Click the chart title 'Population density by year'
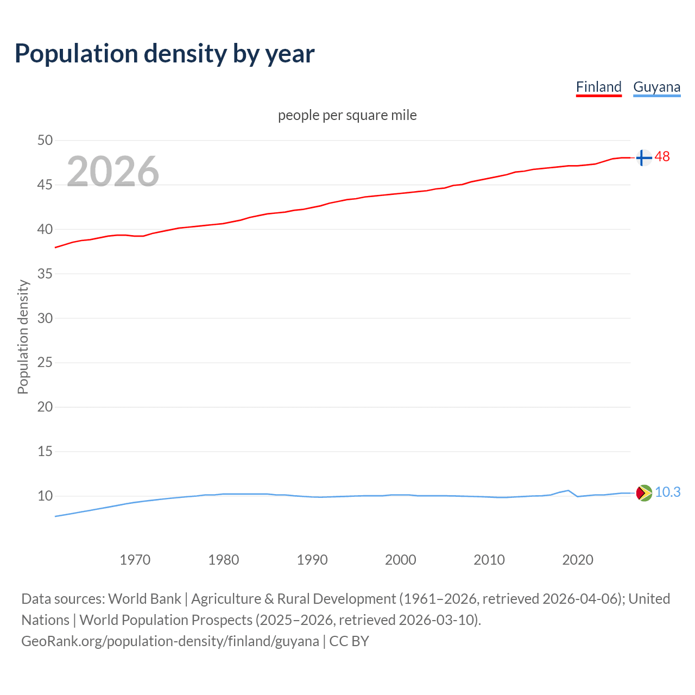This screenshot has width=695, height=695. [x=165, y=54]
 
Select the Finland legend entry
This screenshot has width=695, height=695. [x=598, y=87]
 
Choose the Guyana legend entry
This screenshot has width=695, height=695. [x=656, y=87]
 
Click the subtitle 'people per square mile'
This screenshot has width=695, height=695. [x=347, y=115]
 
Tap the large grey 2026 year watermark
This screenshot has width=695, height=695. [x=113, y=172]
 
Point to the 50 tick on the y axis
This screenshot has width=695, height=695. [x=45, y=140]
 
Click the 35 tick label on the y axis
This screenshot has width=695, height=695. [x=45, y=274]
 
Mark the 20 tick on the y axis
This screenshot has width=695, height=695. [x=45, y=407]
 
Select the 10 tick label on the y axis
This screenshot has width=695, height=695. [x=45, y=496]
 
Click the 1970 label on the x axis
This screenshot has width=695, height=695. [x=135, y=560]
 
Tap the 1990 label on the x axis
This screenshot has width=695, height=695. [x=312, y=560]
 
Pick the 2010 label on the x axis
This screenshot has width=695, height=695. [x=489, y=560]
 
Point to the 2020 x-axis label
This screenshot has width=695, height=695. [x=577, y=560]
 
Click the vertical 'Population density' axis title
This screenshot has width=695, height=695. [x=23, y=337]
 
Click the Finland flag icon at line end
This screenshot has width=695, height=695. [x=643, y=157]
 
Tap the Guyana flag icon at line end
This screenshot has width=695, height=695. [x=643, y=492]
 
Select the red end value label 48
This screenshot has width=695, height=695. [x=662, y=157]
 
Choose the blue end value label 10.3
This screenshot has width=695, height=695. [x=667, y=492]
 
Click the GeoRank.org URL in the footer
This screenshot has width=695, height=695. [x=170, y=641]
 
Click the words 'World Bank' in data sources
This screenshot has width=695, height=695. [x=144, y=599]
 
